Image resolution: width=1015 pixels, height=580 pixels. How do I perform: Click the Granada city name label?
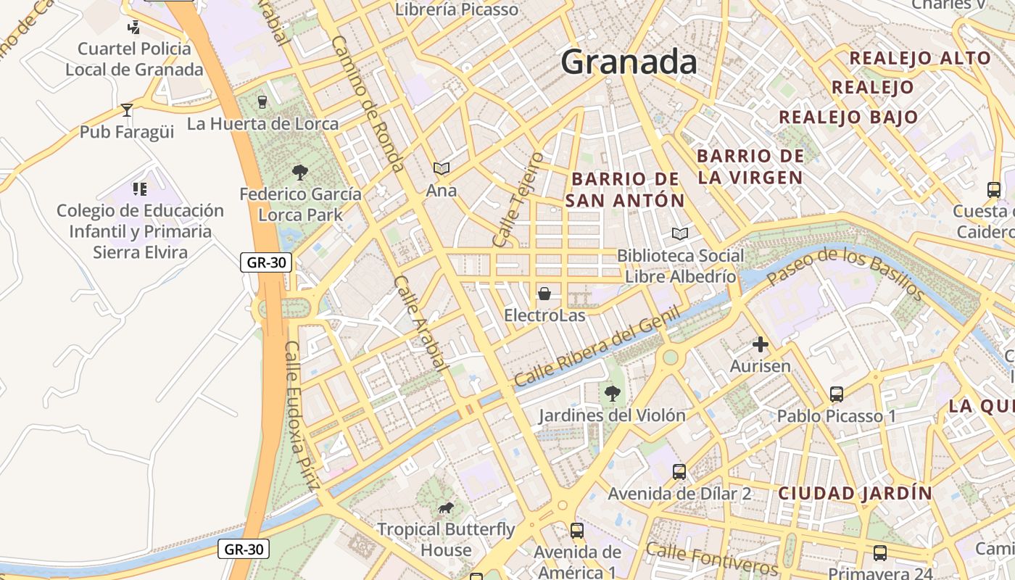[629, 62]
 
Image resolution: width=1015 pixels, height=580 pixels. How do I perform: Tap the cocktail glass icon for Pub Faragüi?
[127, 110]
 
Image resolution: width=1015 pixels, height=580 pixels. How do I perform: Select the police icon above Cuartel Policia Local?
[133, 28]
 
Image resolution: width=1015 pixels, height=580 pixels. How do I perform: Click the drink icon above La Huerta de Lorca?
[262, 102]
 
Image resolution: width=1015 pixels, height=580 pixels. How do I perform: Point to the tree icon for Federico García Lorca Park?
[299, 173]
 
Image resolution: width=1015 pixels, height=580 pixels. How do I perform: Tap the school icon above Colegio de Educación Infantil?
[140, 189]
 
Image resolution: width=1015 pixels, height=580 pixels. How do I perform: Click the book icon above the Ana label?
[442, 169]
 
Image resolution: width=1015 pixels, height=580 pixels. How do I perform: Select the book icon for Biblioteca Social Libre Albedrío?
[679, 234]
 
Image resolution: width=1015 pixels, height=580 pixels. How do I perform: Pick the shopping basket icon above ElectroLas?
[544, 294]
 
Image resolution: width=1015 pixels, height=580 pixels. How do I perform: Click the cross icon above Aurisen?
[760, 344]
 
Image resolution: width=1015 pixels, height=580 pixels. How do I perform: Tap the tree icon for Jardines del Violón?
[612, 394]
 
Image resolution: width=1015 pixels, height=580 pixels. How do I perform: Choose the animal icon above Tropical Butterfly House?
[446, 508]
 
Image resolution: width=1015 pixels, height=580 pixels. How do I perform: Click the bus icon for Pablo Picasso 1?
[837, 394]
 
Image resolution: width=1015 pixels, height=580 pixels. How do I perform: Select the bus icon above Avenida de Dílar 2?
[679, 472]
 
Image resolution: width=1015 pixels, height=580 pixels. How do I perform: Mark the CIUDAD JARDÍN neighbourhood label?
[855, 494]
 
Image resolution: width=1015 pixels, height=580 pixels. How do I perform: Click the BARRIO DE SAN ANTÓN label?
[625, 189]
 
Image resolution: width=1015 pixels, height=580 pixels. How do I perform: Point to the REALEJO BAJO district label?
[848, 117]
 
